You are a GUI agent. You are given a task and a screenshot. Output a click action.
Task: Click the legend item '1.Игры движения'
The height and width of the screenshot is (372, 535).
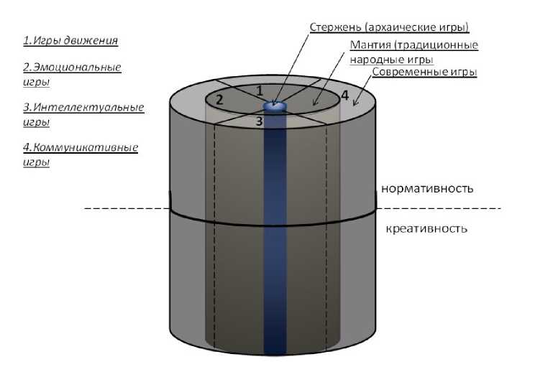coord(70,40)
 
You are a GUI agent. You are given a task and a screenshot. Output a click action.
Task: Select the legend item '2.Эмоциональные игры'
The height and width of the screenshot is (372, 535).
coord(71,75)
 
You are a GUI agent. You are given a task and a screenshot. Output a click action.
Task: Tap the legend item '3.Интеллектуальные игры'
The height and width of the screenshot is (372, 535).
coord(83,114)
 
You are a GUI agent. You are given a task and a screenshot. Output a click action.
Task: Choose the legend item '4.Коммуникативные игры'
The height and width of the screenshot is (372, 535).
coord(80,154)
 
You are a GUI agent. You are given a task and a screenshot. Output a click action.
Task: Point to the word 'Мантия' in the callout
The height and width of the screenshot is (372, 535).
coord(370,45)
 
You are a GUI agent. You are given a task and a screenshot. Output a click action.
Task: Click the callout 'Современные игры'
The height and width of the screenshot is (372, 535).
coord(424,72)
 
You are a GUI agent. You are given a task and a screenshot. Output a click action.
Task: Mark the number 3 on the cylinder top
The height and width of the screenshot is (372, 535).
coord(259,122)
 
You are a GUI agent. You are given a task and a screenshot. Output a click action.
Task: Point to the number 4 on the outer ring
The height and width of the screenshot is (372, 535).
coord(344,95)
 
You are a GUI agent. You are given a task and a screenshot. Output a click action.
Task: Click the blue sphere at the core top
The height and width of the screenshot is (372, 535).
coord(274,106)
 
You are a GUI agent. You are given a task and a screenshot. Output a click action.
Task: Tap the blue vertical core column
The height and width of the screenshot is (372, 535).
coord(274,237)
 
